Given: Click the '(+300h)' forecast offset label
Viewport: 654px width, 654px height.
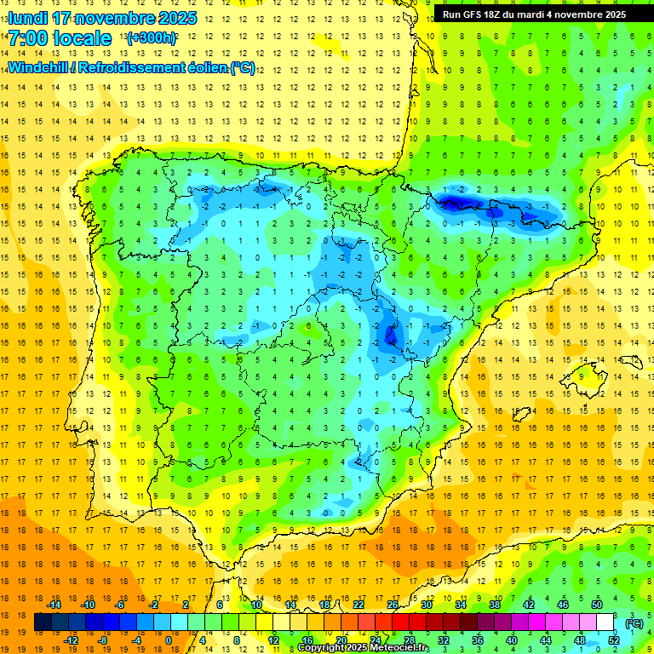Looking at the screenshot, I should click(x=152, y=37).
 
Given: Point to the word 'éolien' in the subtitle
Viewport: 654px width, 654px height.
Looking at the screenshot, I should click(x=203, y=67).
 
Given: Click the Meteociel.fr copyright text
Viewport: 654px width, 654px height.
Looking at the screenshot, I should click(x=364, y=648).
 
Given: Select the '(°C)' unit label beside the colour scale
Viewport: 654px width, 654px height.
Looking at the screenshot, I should click(x=634, y=622).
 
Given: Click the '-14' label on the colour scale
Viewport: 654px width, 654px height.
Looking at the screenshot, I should click(x=55, y=605).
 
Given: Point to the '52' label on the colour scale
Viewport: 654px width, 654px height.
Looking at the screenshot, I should click(x=614, y=640).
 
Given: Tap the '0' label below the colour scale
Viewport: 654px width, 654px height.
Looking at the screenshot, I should click(x=169, y=640).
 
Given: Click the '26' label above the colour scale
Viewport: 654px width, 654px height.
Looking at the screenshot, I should click(x=393, y=605).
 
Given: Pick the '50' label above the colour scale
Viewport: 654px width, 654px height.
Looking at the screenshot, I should click(x=597, y=605).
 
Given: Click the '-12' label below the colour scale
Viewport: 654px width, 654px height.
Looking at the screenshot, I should click(x=71, y=640).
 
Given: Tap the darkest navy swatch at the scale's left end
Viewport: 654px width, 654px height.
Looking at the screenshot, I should click(x=42, y=622).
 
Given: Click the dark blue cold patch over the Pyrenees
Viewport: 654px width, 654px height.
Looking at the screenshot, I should click(x=455, y=202).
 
